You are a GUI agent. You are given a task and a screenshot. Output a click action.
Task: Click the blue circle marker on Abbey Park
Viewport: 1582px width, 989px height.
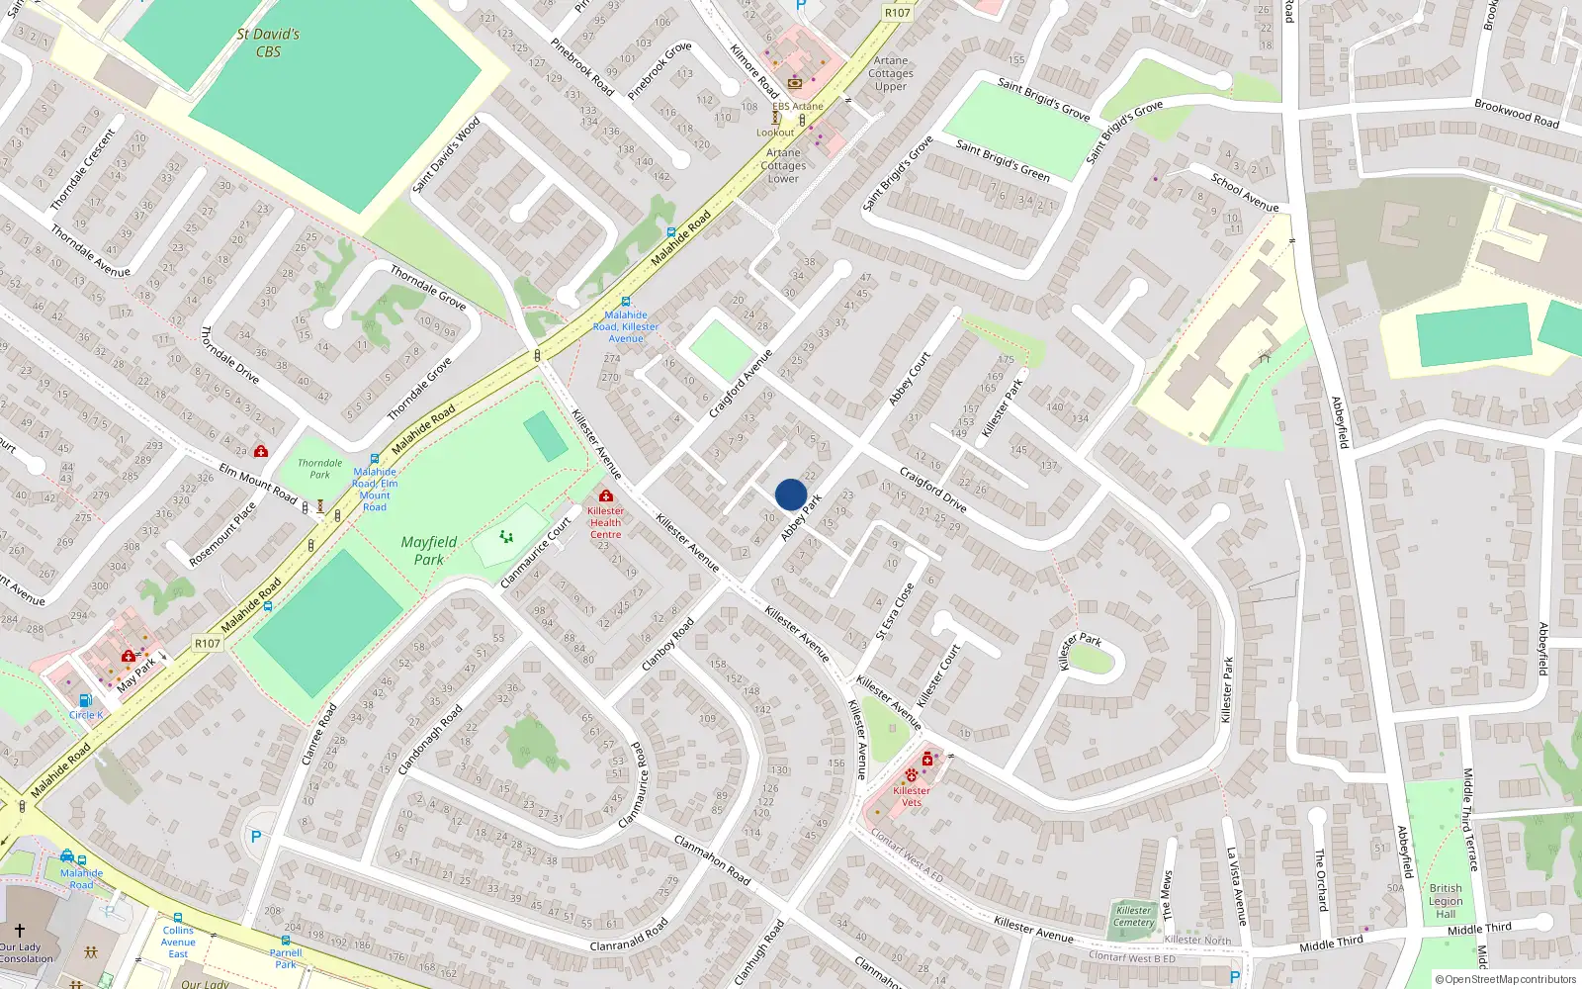click(x=791, y=494)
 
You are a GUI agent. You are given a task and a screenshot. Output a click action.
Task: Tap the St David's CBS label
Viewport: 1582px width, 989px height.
click(x=268, y=43)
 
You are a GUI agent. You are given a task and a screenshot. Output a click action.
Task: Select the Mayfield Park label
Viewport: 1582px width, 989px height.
click(x=429, y=550)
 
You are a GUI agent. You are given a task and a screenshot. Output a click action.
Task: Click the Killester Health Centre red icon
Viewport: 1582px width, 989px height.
click(x=606, y=495)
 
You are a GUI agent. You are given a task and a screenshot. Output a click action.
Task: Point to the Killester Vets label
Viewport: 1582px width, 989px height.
click(x=911, y=796)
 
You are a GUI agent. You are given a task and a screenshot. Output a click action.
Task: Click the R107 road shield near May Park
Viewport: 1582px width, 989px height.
click(x=208, y=644)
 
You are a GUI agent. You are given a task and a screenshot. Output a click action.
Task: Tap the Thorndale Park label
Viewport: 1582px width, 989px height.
click(x=320, y=469)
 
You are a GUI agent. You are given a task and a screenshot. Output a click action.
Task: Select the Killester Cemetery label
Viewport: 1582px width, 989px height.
click(x=1134, y=917)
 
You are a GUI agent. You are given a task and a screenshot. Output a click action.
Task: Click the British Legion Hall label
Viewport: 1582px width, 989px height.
click(x=1446, y=901)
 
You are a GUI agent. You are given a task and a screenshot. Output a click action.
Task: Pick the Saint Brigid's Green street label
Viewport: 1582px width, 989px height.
click(x=1003, y=160)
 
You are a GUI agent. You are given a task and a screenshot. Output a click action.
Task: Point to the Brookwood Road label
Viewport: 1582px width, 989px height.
click(x=1516, y=114)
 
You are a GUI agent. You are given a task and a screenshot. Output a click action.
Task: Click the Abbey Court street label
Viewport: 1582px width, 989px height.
click(x=910, y=379)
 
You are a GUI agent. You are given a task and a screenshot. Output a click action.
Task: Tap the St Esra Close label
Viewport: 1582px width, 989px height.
click(x=895, y=611)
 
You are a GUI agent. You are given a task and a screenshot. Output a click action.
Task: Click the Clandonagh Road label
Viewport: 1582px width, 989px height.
click(x=430, y=740)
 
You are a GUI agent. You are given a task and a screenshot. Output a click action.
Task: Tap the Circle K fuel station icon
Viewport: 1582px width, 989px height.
click(x=85, y=700)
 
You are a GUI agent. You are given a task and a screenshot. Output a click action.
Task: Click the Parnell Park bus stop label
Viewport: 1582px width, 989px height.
click(x=286, y=958)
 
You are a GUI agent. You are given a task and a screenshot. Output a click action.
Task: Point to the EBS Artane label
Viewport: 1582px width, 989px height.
click(x=798, y=107)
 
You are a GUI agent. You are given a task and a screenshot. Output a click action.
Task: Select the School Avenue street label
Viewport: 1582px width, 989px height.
click(x=1245, y=193)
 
